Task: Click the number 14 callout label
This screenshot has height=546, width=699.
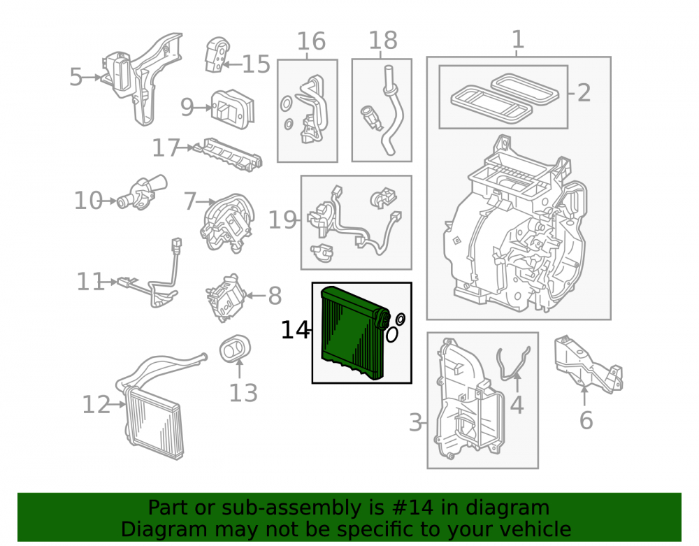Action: pyautogui.click(x=294, y=330)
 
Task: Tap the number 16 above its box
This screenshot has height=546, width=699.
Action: pyautogui.click(x=311, y=41)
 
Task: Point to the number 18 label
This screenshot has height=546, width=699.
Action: pyautogui.click(x=383, y=41)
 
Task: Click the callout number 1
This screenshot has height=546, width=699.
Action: pyautogui.click(x=517, y=39)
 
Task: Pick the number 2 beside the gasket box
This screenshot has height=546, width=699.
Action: pyautogui.click(x=584, y=93)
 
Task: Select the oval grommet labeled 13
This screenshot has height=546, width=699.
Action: pyautogui.click(x=235, y=349)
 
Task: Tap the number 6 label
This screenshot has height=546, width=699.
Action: pyautogui.click(x=586, y=420)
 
